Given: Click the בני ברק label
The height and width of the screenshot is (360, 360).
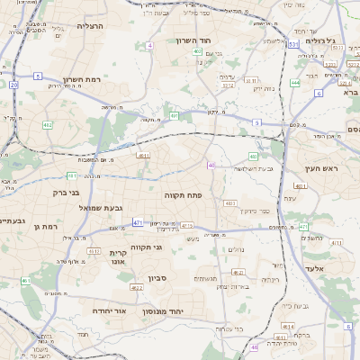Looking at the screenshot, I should click(x=63, y=193).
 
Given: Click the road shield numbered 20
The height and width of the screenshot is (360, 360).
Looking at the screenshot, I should click(x=13, y=85).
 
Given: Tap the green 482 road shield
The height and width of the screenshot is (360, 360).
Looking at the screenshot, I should click(x=48, y=125).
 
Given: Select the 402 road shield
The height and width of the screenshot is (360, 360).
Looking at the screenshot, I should click(x=196, y=52).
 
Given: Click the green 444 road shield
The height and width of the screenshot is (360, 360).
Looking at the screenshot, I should click(x=295, y=83).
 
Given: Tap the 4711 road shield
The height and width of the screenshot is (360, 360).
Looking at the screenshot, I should click(x=187, y=225).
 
